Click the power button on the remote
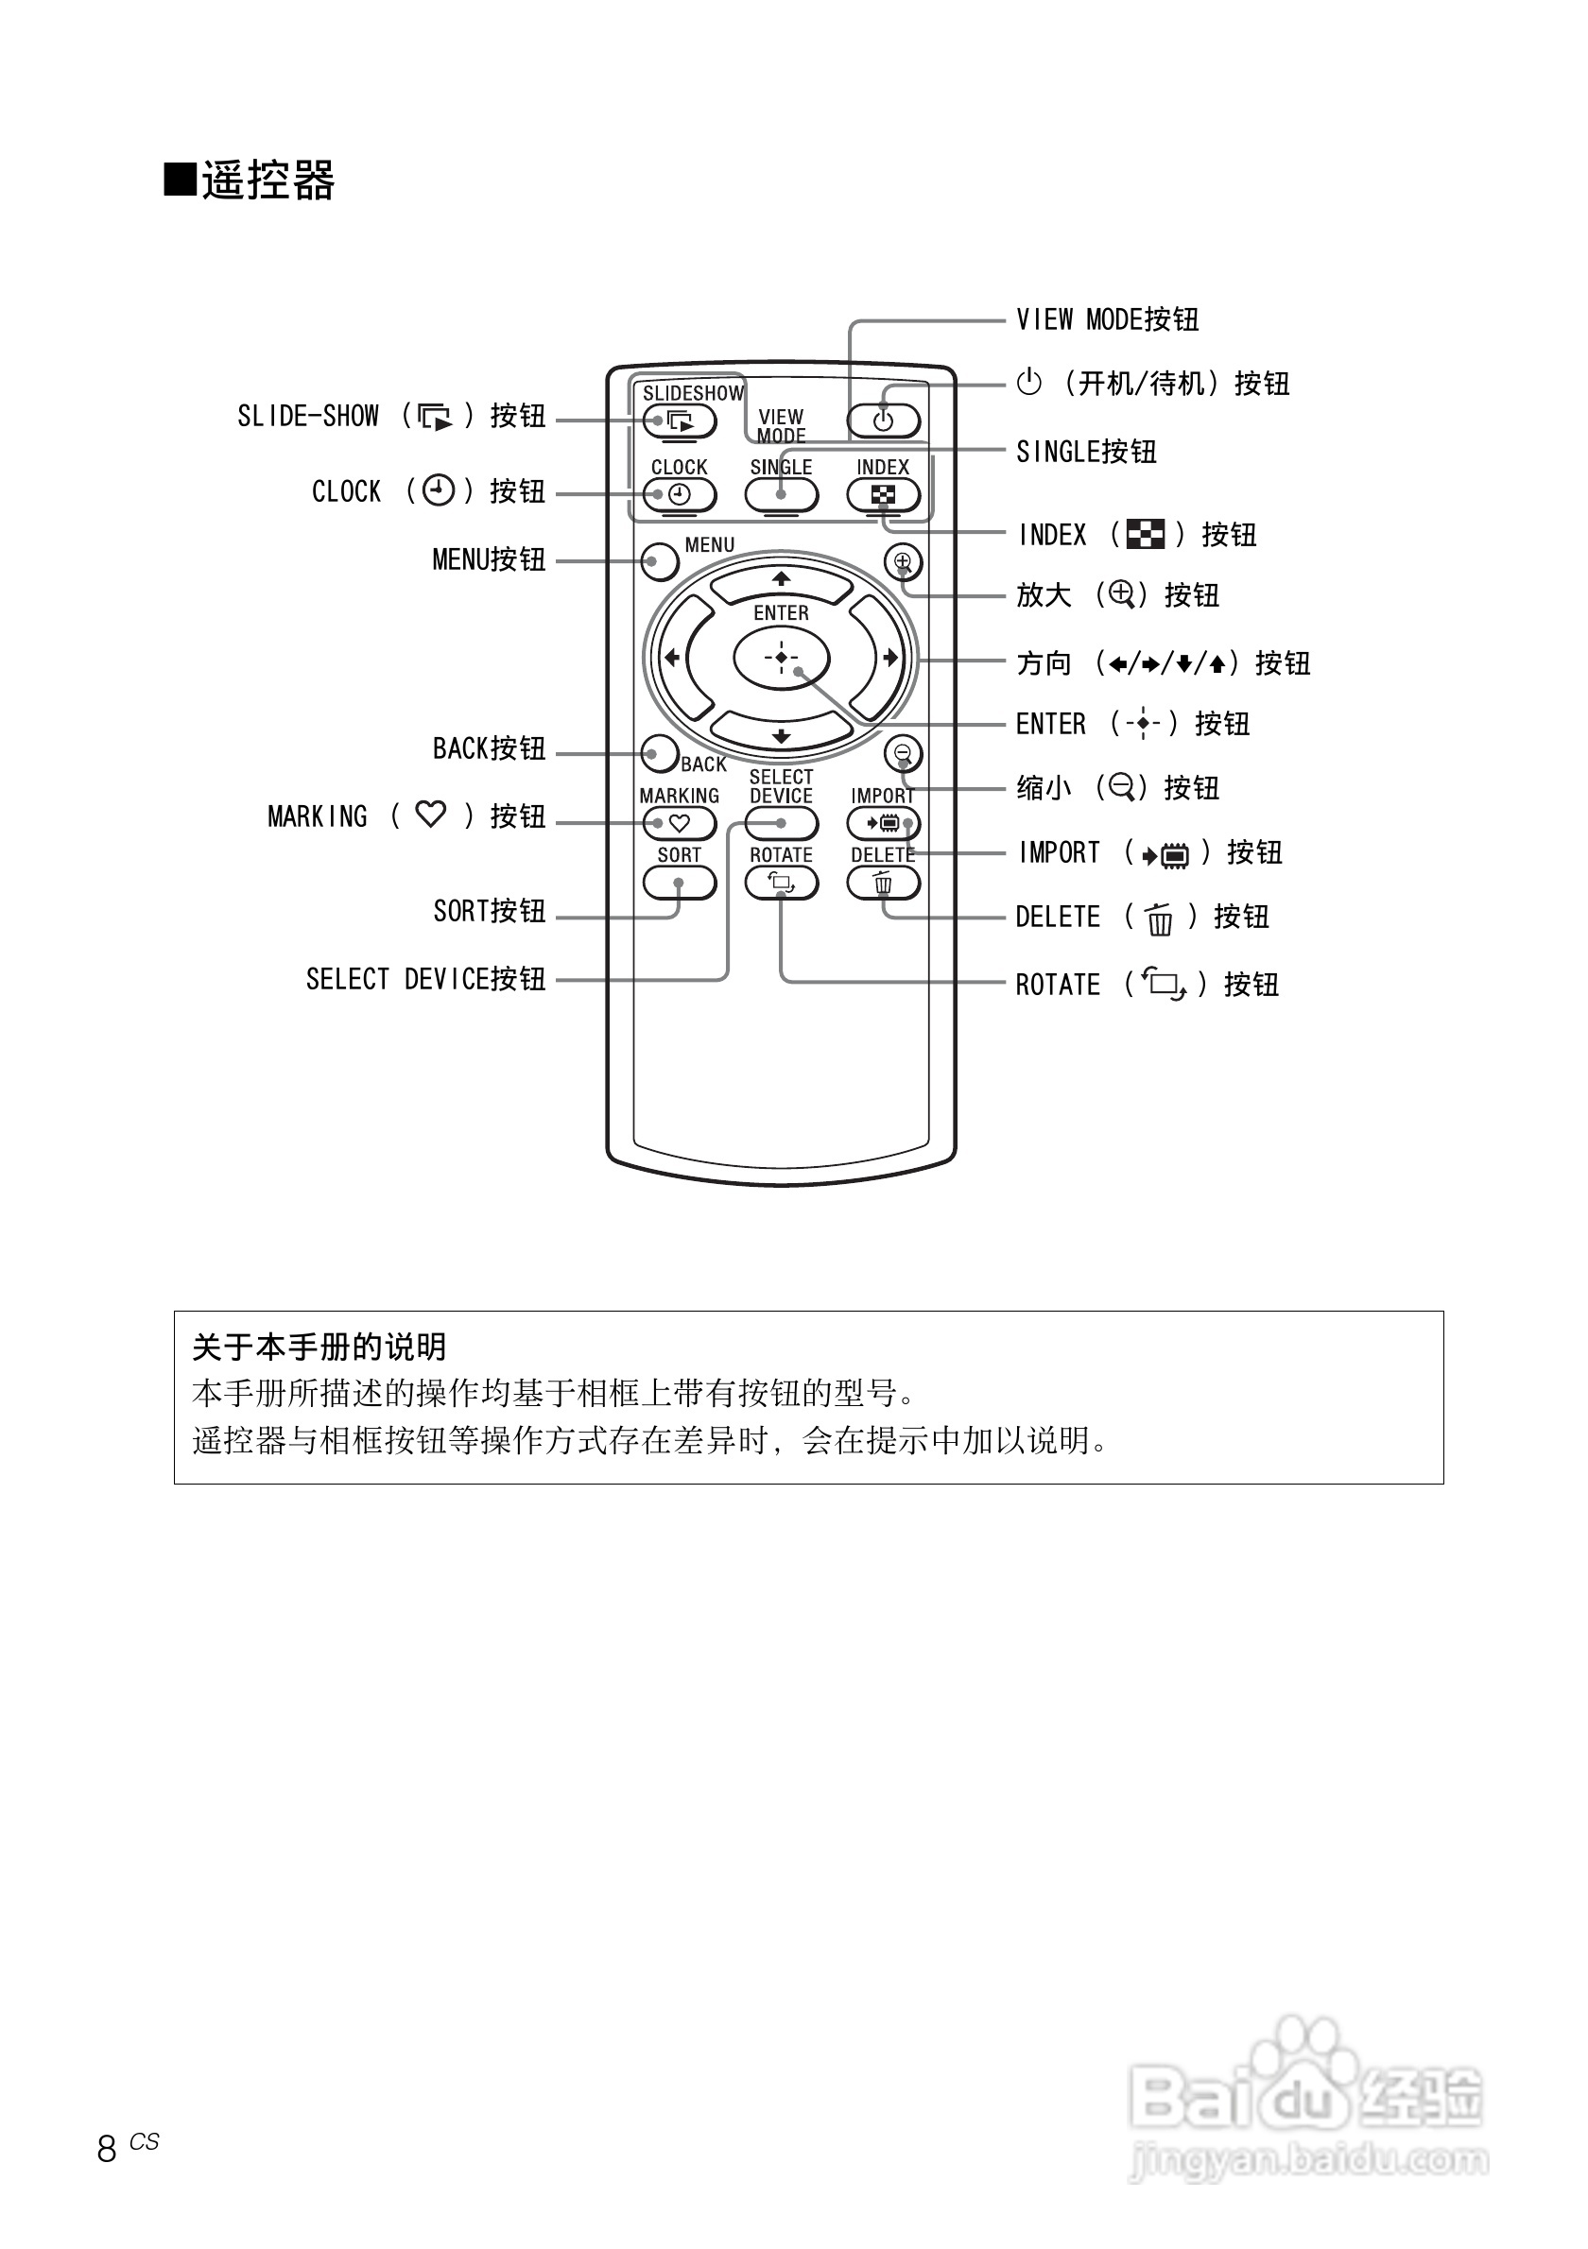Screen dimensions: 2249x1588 click(x=883, y=421)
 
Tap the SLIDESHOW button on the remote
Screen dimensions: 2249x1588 click(x=679, y=421)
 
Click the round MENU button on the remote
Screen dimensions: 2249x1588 click(x=661, y=561)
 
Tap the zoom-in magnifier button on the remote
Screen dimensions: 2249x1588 click(x=903, y=562)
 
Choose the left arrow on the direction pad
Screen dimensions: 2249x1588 click(x=674, y=658)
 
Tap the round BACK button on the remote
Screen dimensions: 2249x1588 click(x=661, y=753)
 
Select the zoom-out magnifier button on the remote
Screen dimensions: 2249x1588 click(x=903, y=753)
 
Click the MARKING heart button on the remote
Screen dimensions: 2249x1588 click(x=679, y=824)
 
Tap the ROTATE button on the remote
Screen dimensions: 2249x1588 click(x=781, y=883)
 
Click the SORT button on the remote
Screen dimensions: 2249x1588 click(x=679, y=883)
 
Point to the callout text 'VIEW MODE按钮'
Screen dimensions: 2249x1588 click(x=1107, y=319)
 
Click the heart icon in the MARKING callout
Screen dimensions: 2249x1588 click(x=430, y=814)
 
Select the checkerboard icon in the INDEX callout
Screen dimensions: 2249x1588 click(x=1146, y=535)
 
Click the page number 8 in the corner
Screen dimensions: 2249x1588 click(x=107, y=2148)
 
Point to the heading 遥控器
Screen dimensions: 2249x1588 click(x=268, y=181)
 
